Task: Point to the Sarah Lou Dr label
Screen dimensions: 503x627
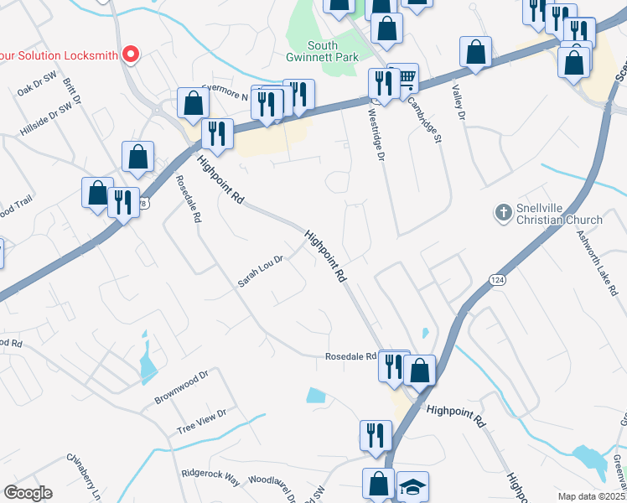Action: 261,271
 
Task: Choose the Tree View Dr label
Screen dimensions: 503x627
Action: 201,421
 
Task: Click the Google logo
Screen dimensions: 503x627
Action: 28,492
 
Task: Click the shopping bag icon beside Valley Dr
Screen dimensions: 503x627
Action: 475,52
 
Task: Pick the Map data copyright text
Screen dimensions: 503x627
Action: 591,496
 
